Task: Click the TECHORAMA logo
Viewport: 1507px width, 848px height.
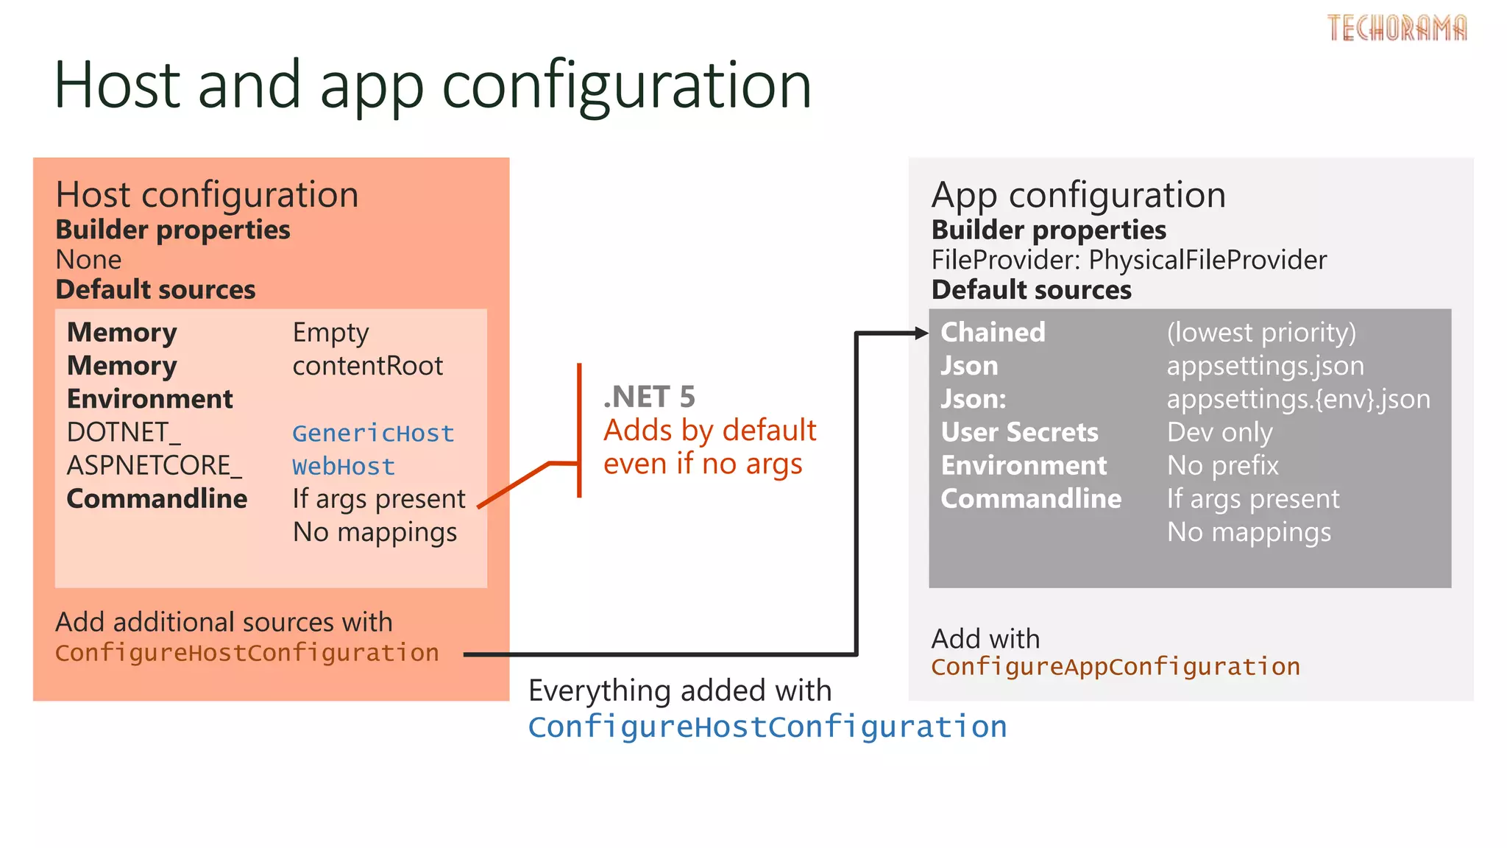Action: point(1397,28)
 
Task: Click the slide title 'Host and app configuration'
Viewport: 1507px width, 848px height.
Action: point(433,85)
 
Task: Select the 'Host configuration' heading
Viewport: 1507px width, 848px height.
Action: point(207,195)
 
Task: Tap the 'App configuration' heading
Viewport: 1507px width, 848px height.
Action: point(1078,195)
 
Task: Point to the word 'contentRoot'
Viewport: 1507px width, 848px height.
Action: point(367,366)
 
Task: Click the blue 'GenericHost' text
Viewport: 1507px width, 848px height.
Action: point(373,433)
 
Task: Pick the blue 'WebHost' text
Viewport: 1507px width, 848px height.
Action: point(344,466)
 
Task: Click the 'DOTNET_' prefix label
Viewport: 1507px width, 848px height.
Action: point(124,432)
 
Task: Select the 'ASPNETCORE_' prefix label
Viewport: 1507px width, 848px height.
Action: point(154,465)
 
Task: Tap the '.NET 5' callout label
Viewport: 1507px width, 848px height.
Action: point(648,397)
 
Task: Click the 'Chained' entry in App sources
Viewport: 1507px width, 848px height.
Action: point(993,332)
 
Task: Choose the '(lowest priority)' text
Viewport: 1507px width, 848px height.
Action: point(1260,333)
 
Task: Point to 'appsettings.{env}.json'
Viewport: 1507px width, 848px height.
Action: point(1298,399)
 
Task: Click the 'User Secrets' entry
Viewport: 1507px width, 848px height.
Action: point(1019,432)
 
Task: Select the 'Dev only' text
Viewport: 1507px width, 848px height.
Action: point(1219,432)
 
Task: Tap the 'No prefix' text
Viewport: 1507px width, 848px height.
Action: point(1222,465)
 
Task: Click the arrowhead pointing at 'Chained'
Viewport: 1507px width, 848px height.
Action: point(921,333)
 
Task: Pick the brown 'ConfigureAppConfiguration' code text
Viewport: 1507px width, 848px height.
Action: point(1115,666)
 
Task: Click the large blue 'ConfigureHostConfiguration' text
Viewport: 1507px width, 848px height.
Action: point(767,727)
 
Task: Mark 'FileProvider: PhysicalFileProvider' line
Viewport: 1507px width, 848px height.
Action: point(1129,260)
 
